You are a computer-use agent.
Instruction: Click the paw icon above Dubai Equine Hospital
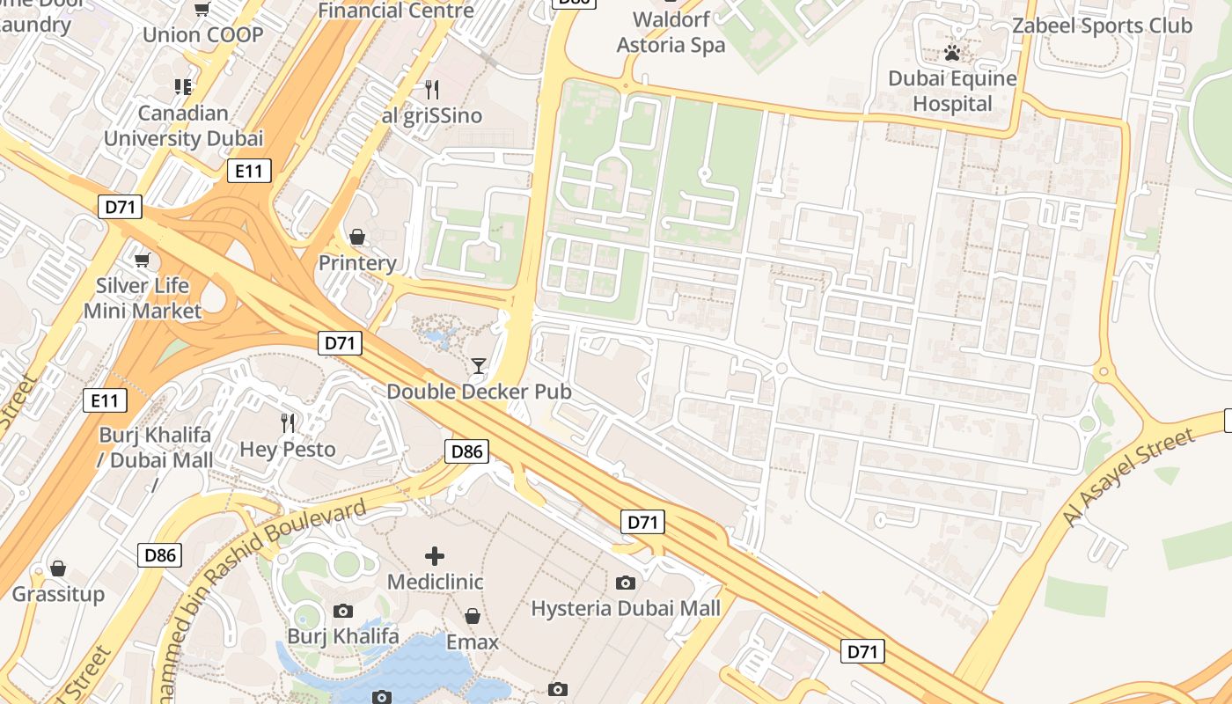pyautogui.click(x=951, y=53)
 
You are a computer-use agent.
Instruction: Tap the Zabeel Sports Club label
pyautogui.click(x=1102, y=26)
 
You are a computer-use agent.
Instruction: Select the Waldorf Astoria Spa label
pyautogui.click(x=671, y=32)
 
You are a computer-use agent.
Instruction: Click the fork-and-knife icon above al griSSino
pyautogui.click(x=431, y=90)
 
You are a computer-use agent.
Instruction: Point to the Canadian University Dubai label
pyautogui.click(x=183, y=126)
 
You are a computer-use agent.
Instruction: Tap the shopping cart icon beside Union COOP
pyautogui.click(x=202, y=10)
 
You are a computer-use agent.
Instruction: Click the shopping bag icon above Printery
pyautogui.click(x=357, y=237)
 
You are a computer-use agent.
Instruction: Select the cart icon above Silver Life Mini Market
pyautogui.click(x=142, y=260)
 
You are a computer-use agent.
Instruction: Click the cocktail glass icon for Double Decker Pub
pyautogui.click(x=479, y=365)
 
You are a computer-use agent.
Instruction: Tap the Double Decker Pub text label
pyautogui.click(x=479, y=392)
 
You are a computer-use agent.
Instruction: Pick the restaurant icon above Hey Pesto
pyautogui.click(x=288, y=423)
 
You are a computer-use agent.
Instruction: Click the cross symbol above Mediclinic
pyautogui.click(x=435, y=556)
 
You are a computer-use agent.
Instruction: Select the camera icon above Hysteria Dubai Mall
pyautogui.click(x=626, y=583)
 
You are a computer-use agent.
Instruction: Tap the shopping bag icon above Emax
pyautogui.click(x=473, y=616)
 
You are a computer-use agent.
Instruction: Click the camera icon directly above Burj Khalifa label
pyautogui.click(x=343, y=611)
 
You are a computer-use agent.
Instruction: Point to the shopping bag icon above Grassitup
pyautogui.click(x=58, y=568)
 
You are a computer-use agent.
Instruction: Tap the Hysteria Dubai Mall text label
pyautogui.click(x=626, y=608)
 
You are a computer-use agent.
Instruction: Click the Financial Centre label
pyautogui.click(x=395, y=11)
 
